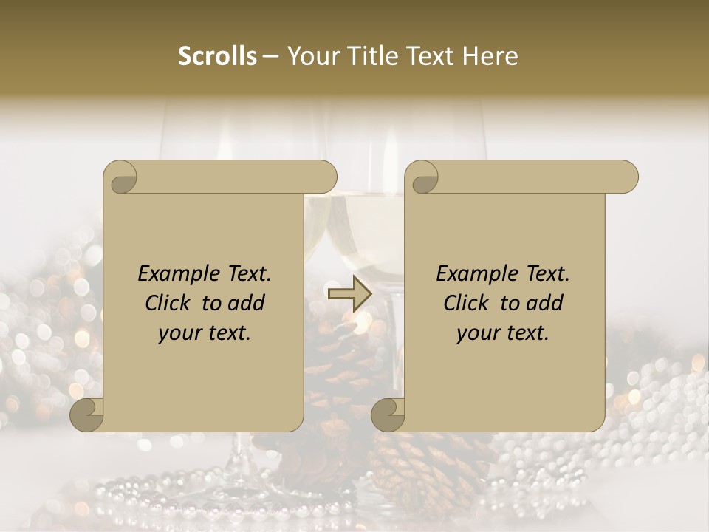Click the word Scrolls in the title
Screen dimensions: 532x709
click(218, 56)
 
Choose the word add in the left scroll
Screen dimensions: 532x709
click(246, 303)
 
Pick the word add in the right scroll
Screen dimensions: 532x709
click(544, 303)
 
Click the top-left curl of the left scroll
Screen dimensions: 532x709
click(121, 177)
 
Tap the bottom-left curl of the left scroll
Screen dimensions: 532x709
click(86, 415)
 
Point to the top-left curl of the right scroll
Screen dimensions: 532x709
click(422, 177)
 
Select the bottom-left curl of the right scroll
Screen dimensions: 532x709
click(388, 415)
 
